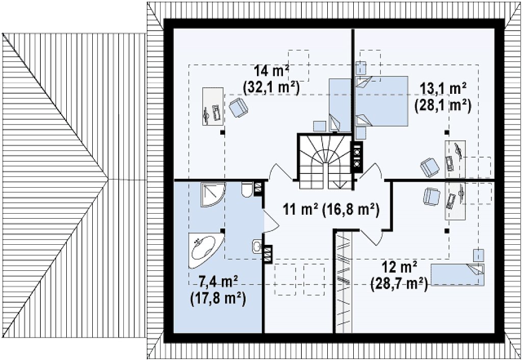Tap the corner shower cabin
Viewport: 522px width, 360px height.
[x=213, y=194]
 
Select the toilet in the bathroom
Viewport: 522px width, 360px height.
[x=247, y=190]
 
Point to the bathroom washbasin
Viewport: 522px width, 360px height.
[x=257, y=246]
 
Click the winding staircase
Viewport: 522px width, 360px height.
[x=325, y=161]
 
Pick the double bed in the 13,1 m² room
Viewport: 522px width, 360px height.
[x=381, y=101]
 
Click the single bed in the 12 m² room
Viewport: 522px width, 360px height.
[x=457, y=275]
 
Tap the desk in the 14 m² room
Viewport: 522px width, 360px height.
[x=213, y=107]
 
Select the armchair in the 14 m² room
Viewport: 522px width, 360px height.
[x=239, y=107]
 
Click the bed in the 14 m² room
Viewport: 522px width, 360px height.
[x=340, y=105]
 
